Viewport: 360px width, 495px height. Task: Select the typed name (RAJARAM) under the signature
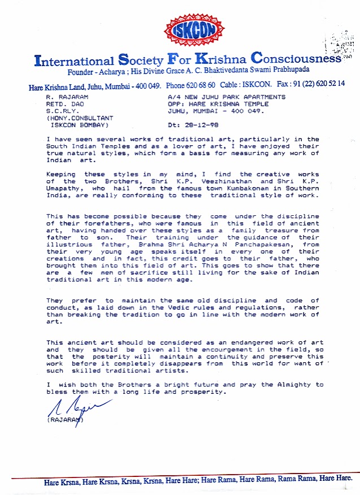click(x=65, y=420)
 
